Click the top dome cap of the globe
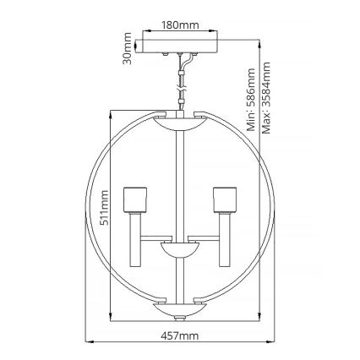tap(179, 120)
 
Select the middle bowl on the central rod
tap(179, 251)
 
